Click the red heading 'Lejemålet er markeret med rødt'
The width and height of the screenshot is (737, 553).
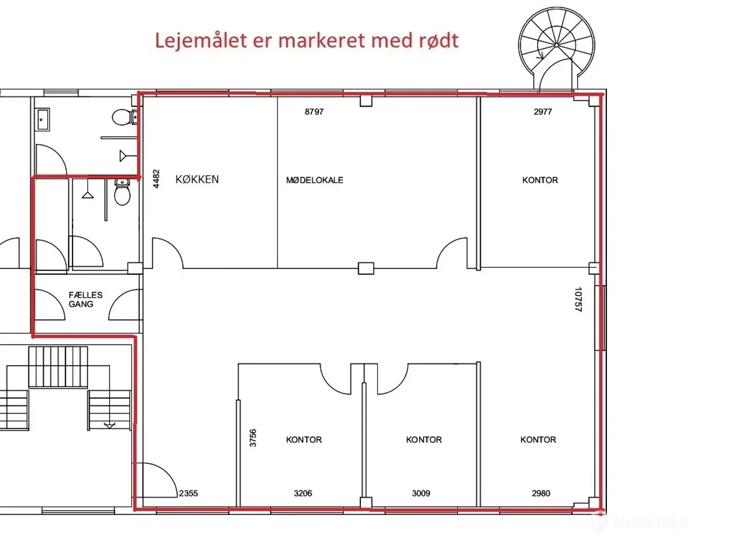307,41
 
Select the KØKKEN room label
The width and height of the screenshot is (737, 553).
197,179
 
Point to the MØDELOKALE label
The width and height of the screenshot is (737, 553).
314,180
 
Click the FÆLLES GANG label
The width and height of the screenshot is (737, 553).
85,300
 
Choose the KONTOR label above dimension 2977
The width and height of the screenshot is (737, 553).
540,180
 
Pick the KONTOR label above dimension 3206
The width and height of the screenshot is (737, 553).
303,440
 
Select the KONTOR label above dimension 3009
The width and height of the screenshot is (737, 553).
424,440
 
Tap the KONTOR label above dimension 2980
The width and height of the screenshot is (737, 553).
538,440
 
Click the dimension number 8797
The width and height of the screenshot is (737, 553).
314,112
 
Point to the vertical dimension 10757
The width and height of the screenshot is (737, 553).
579,300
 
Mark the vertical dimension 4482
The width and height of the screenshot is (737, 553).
155,179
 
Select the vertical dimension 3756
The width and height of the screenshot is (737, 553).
253,438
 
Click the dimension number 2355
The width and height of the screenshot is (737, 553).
188,493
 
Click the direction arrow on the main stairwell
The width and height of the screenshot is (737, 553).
109,425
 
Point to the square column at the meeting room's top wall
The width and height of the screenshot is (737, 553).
366,101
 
